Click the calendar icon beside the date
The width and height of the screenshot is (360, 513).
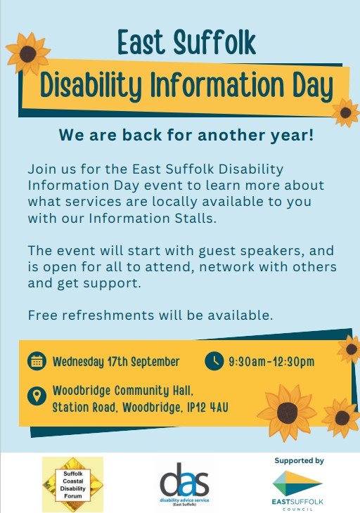tap(37, 361)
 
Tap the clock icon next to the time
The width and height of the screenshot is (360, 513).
tap(214, 361)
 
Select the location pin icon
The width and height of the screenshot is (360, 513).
tap(37, 396)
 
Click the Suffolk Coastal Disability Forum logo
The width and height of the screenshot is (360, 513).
tap(72, 484)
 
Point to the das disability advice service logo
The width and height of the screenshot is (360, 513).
tap(185, 484)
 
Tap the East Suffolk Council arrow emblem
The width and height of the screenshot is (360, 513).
tap(297, 483)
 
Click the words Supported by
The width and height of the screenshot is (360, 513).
tap(299, 461)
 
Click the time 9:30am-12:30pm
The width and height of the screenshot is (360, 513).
tap(271, 361)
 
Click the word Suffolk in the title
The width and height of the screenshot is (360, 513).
tap(214, 42)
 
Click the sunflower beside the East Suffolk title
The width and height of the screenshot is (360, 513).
tap(28, 53)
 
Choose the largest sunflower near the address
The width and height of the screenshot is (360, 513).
tap(287, 413)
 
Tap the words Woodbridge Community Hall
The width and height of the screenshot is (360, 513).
tap(123, 391)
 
